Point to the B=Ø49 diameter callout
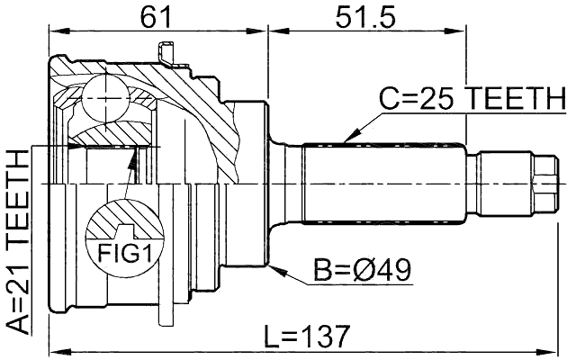362,268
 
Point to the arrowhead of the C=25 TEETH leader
345,141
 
